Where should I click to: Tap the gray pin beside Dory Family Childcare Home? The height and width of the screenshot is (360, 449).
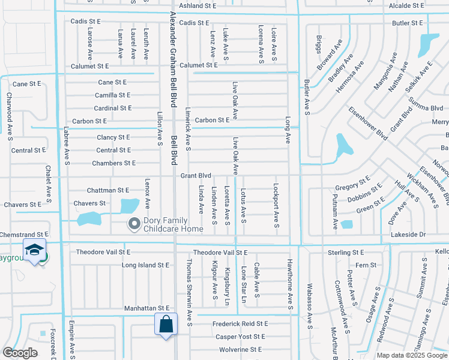pyautogui.click(x=133, y=224)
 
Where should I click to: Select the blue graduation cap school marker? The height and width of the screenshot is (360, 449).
pyautogui.click(x=34, y=250)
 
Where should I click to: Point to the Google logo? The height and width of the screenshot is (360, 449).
pyautogui.click(x=20, y=353)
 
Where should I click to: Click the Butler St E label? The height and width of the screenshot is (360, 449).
pyautogui.click(x=408, y=23)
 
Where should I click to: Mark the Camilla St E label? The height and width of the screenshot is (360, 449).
pyautogui.click(x=113, y=95)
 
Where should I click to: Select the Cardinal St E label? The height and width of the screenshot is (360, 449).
pyautogui.click(x=113, y=108)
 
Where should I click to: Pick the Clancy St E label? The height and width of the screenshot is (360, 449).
pyautogui.click(x=113, y=137)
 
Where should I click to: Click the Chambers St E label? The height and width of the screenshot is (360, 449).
pyautogui.click(x=114, y=163)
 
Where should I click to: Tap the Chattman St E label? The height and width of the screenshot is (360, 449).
pyautogui.click(x=108, y=190)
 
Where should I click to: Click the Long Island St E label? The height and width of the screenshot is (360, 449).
pyautogui.click(x=146, y=265)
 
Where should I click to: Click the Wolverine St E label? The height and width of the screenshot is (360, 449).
pyautogui.click(x=240, y=349)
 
